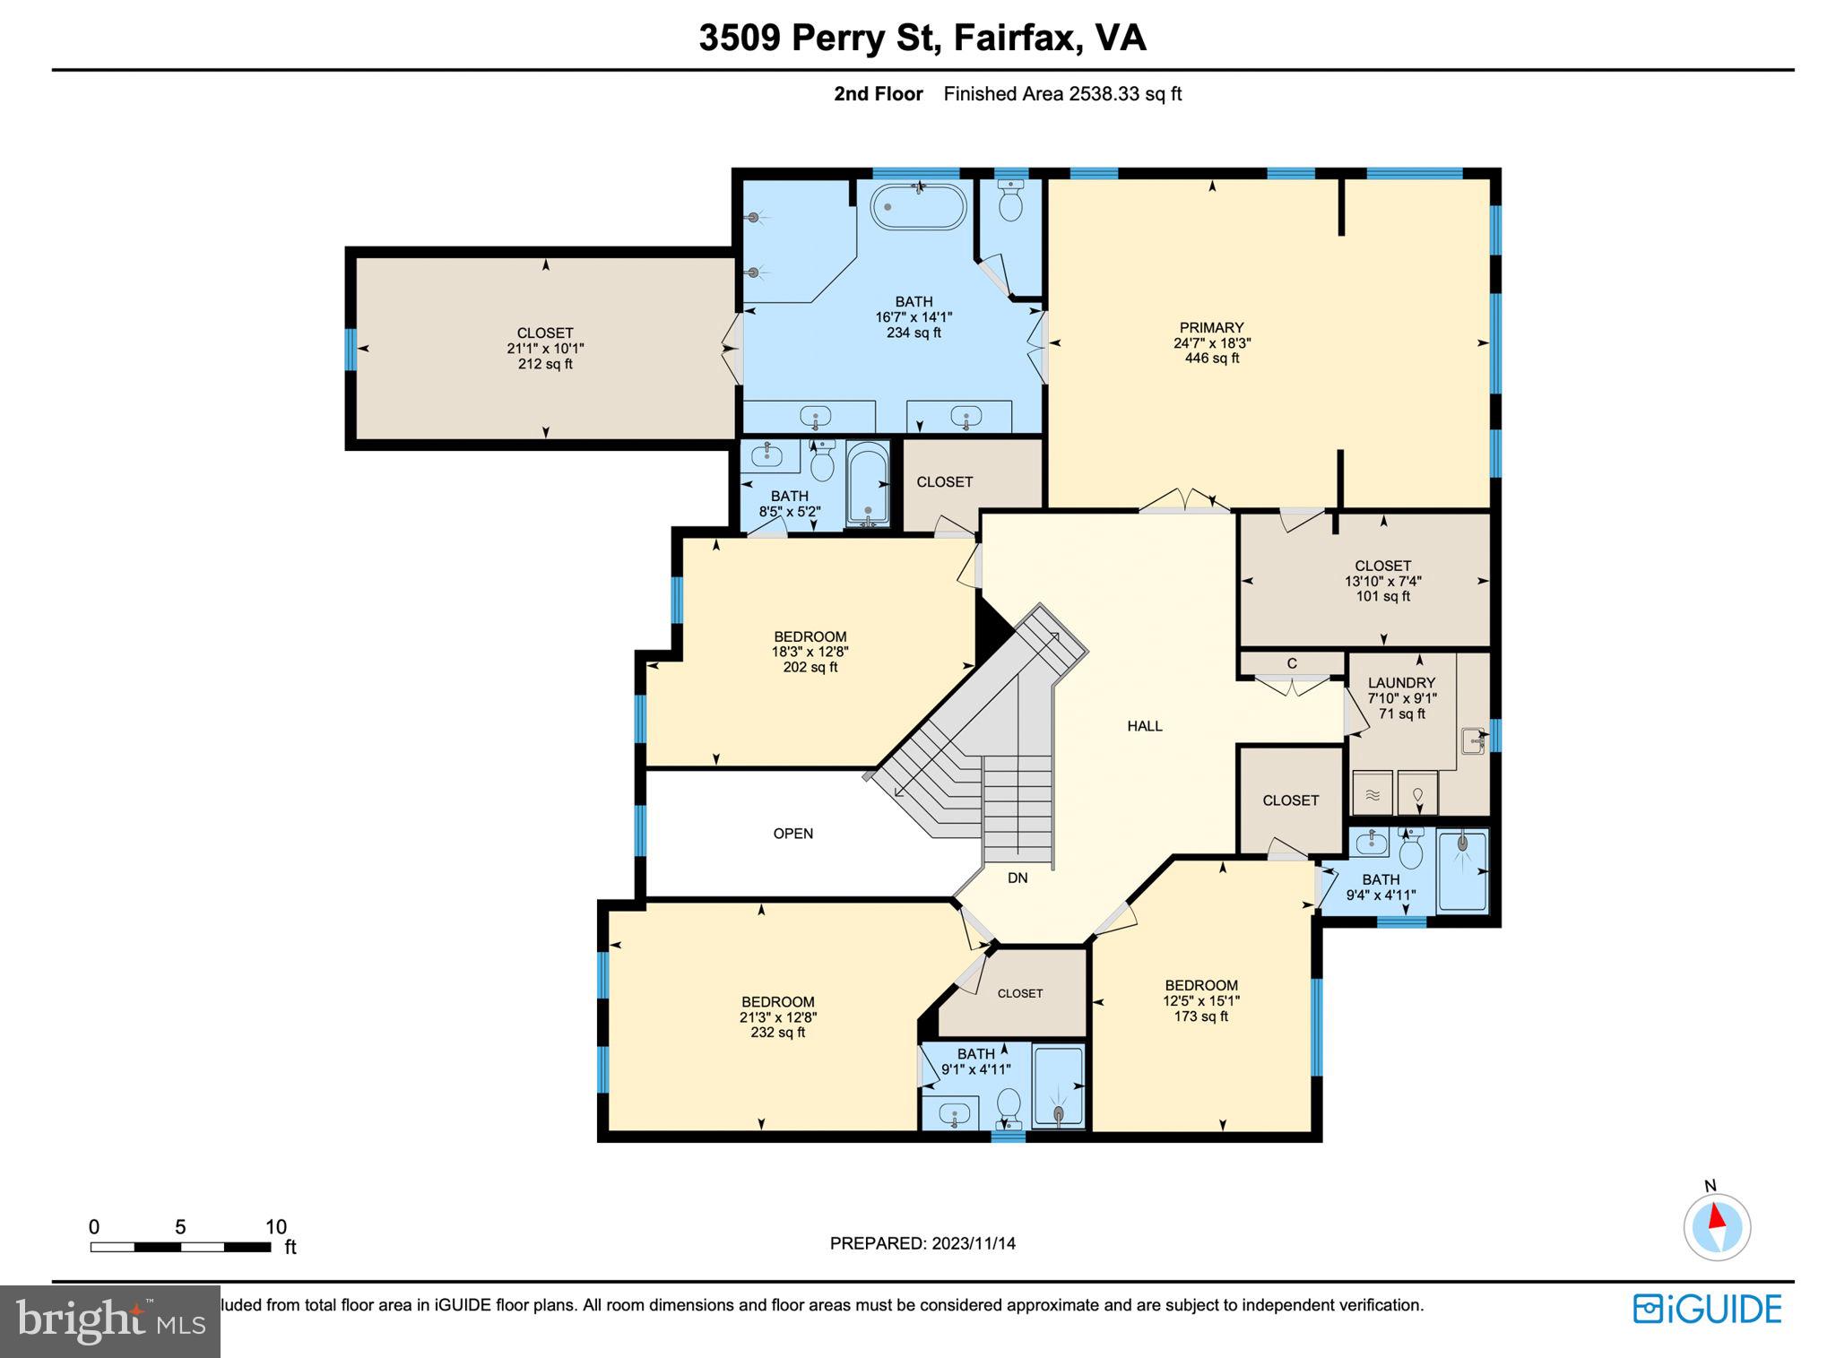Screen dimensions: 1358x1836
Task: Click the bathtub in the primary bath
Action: (x=918, y=207)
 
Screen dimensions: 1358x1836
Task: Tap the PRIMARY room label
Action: (x=1211, y=328)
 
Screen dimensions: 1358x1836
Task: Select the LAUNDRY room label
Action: (x=1401, y=683)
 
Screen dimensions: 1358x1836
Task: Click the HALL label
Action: (x=1145, y=726)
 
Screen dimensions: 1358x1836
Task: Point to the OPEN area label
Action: (x=793, y=834)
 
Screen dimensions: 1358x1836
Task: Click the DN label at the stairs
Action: (x=1018, y=878)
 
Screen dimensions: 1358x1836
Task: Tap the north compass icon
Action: (x=1716, y=1226)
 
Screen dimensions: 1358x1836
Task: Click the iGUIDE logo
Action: (x=1707, y=1310)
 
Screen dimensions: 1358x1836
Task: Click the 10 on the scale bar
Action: (x=275, y=1227)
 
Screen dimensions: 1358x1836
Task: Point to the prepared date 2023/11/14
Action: (x=973, y=1243)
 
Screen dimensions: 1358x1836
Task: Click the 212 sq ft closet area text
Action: (x=545, y=364)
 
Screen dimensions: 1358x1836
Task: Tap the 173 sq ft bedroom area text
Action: (x=1201, y=1016)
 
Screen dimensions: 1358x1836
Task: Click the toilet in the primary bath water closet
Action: (x=1010, y=203)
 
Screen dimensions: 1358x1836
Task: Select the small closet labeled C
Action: (x=1292, y=663)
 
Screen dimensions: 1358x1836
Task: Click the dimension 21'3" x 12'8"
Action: (x=778, y=1017)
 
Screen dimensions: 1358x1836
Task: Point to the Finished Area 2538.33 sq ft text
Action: (x=1062, y=94)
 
